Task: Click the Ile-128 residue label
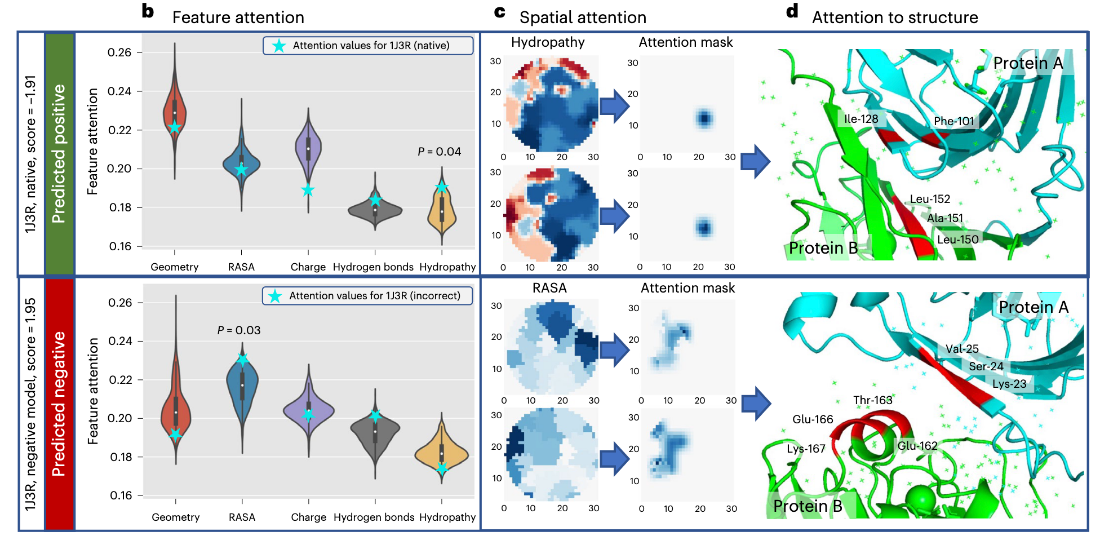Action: pyautogui.click(x=861, y=119)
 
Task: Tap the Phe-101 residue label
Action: pyautogui.click(x=954, y=121)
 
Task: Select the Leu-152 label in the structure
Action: pyautogui.click(x=930, y=199)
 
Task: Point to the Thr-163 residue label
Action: pyautogui.click(x=873, y=400)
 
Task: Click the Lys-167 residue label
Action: pyautogui.click(x=806, y=449)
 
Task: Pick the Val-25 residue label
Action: pyautogui.click(x=962, y=349)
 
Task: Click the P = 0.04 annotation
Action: pyautogui.click(x=440, y=152)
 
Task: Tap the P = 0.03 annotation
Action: pyautogui.click(x=239, y=330)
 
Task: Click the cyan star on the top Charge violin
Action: pyautogui.click(x=308, y=191)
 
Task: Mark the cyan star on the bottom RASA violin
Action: pyautogui.click(x=242, y=360)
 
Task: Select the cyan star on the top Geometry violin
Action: pyautogui.click(x=175, y=127)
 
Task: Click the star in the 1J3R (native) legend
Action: pyautogui.click(x=278, y=46)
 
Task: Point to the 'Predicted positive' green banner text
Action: pyautogui.click(x=59, y=153)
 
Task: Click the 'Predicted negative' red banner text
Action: pyautogui.click(x=59, y=404)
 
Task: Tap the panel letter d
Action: pyautogui.click(x=792, y=11)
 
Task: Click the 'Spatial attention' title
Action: pyautogui.click(x=583, y=17)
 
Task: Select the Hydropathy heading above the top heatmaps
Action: pyautogui.click(x=548, y=42)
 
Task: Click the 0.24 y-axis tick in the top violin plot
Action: pyautogui.click(x=119, y=91)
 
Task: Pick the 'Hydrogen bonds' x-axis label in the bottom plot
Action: pyautogui.click(x=374, y=517)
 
